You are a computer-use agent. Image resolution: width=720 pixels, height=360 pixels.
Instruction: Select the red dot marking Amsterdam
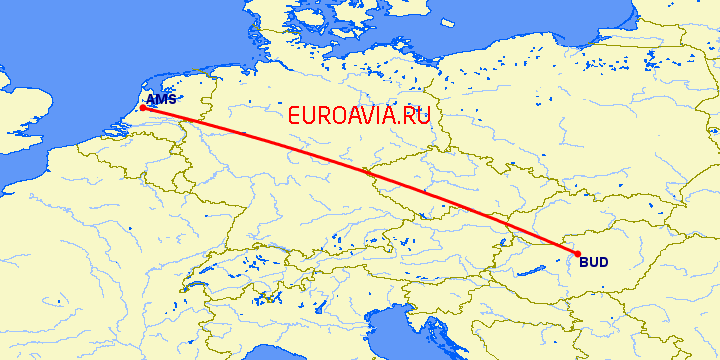click(x=143, y=108)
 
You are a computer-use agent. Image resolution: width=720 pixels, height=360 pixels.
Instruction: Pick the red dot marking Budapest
click(x=577, y=254)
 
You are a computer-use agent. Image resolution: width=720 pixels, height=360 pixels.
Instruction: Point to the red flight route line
click(x=360, y=175)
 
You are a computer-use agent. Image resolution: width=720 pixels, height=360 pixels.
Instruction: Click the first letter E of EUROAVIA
click(x=293, y=115)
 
